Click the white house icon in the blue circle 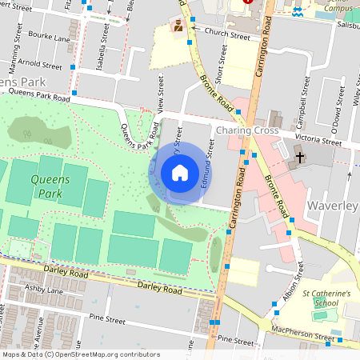179,173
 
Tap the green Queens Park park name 50,186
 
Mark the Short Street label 221,62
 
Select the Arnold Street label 39,65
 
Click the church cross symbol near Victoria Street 300,157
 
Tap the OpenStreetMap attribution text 80,354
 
